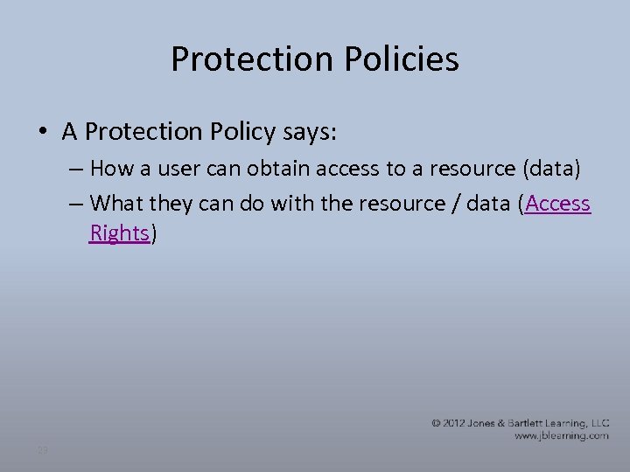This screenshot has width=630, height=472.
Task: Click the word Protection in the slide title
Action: [246, 59]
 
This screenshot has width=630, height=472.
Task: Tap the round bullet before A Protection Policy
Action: [43, 132]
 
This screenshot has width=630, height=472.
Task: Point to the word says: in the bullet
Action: [311, 132]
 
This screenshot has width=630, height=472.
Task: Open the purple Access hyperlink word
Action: [558, 204]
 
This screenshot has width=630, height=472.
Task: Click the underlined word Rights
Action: [120, 234]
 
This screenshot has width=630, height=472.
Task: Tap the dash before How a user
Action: [75, 168]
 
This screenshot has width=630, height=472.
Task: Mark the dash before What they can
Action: [75, 204]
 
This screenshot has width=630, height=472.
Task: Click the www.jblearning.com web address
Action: [561, 435]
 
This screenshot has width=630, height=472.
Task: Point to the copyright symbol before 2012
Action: [436, 423]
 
